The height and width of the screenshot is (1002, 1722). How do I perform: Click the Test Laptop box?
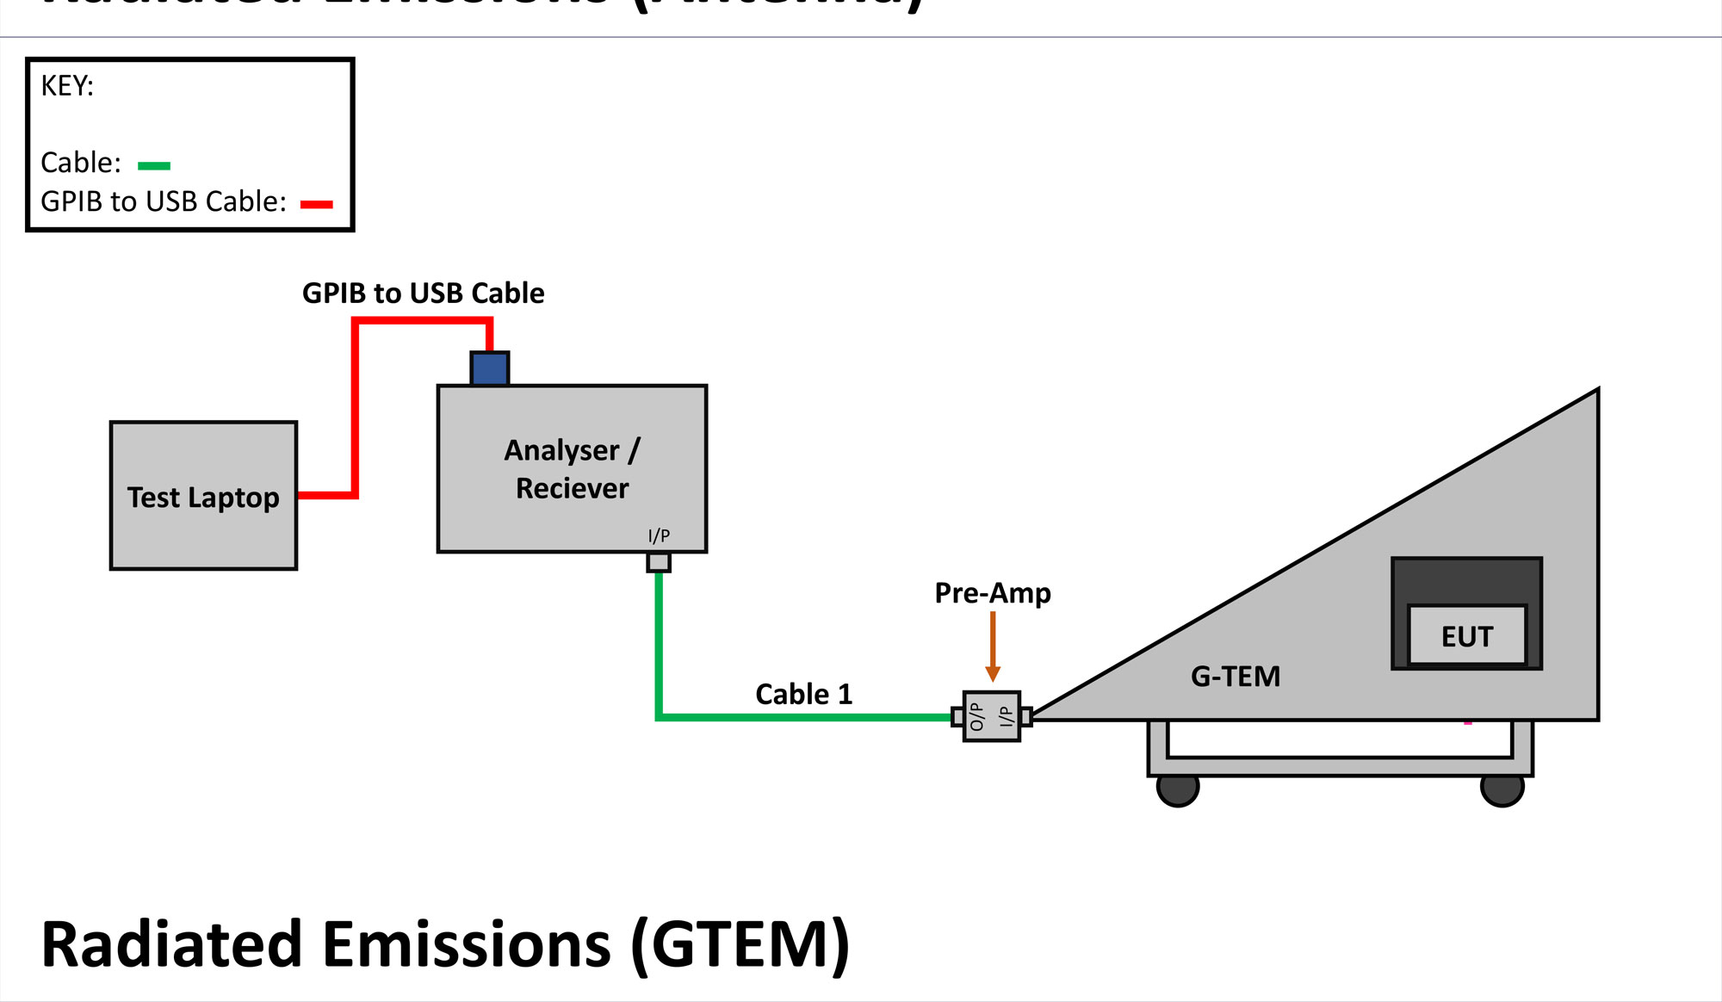[203, 496]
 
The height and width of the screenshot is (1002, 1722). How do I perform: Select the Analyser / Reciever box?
[572, 469]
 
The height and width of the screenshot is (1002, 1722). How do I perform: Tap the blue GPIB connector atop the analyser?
[490, 368]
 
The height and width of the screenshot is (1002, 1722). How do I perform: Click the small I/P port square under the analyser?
[659, 562]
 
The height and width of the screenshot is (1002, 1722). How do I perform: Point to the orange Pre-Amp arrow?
[993, 646]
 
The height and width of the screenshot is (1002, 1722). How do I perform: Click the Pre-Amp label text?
[993, 593]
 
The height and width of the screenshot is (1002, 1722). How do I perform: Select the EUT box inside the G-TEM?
[1466, 636]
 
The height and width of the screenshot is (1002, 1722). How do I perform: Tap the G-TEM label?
[1236, 677]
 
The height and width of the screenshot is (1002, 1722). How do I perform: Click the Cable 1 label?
[803, 694]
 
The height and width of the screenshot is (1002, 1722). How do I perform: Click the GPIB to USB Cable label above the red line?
[423, 294]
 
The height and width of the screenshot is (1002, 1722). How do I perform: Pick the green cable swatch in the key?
[154, 165]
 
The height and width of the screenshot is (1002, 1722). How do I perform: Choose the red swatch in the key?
[316, 204]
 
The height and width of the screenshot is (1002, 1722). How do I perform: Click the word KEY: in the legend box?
[67, 86]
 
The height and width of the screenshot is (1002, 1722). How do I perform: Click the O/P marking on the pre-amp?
[976, 716]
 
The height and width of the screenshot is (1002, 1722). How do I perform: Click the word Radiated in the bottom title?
[171, 945]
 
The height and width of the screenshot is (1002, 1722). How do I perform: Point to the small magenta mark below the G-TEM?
[1468, 723]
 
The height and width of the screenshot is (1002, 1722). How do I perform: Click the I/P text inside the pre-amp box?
[1005, 716]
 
